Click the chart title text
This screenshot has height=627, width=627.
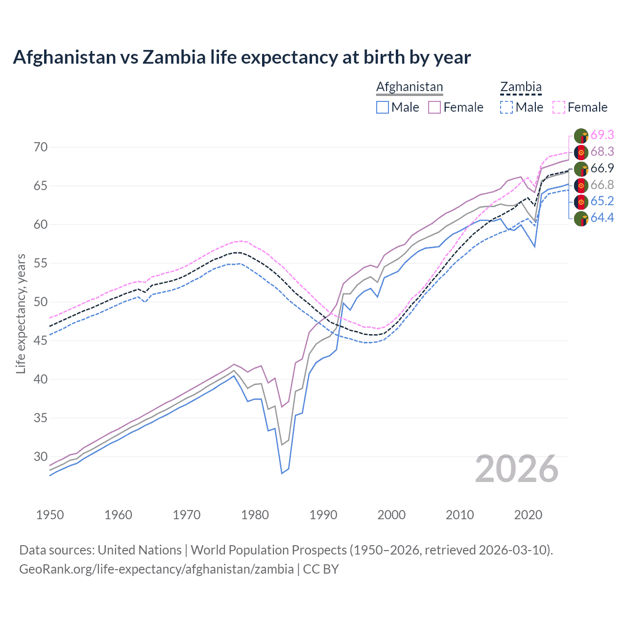point(241,57)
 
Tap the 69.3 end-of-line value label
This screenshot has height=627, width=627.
point(602,135)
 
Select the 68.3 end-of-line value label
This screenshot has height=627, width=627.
point(602,152)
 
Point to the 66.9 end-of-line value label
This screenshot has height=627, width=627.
point(602,169)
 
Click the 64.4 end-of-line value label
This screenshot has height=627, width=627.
point(602,218)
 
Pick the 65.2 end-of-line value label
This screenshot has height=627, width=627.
point(602,201)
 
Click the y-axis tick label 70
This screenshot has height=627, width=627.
point(40,147)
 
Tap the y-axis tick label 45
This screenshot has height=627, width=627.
point(40,340)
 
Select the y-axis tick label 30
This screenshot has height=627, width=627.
point(40,457)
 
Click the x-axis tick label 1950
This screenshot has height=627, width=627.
point(50,515)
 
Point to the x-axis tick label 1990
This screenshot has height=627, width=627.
point(323,515)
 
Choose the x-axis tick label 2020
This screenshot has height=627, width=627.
point(528,515)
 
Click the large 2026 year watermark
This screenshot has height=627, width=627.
point(516,469)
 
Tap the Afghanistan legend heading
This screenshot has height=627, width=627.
point(410,87)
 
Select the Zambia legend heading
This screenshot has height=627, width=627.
point(521,87)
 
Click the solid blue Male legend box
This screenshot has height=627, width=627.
point(383,107)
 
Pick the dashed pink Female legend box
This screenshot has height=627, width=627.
point(559,107)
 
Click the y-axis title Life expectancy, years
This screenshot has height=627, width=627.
point(21,313)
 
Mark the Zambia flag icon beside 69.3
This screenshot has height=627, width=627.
point(581,136)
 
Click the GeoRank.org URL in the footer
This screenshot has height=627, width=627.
point(156,569)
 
